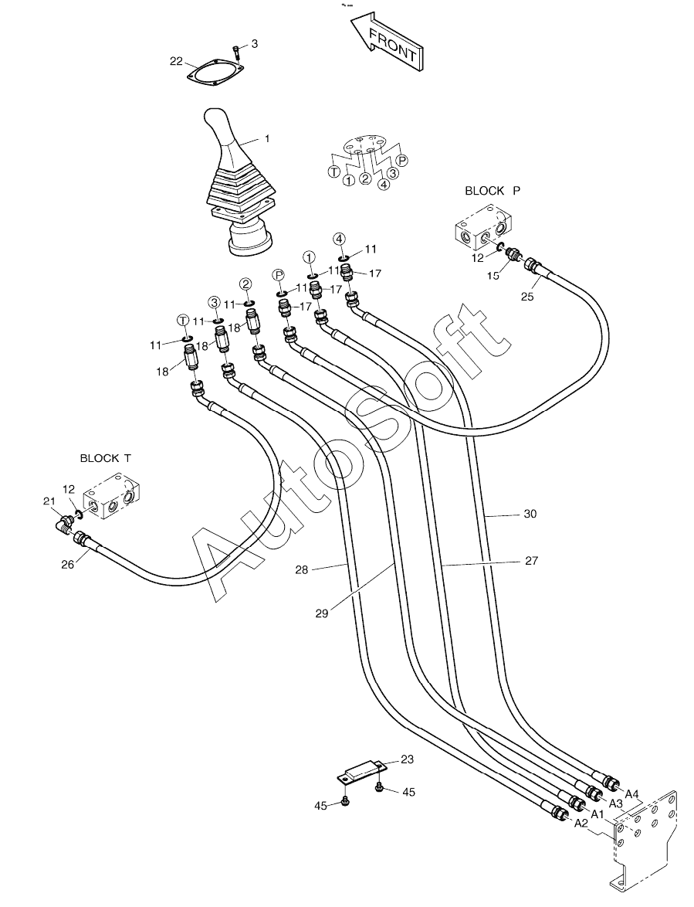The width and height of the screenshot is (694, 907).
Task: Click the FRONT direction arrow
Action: (388, 42)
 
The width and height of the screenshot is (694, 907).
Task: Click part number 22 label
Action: (176, 61)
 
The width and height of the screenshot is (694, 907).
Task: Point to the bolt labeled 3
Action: (238, 52)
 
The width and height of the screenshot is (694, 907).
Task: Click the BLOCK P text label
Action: (493, 190)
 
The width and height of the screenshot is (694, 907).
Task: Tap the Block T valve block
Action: (113, 496)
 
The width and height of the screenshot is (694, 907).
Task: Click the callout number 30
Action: (530, 514)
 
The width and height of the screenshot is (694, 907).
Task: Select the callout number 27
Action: (532, 560)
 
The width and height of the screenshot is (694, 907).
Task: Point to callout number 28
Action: (302, 569)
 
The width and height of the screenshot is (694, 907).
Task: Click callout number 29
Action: (322, 613)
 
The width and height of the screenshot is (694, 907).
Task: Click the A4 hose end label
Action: (631, 793)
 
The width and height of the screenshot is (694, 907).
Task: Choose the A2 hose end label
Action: (581, 824)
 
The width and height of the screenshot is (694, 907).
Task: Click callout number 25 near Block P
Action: (527, 297)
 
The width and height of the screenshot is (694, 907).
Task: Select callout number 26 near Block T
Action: (68, 564)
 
